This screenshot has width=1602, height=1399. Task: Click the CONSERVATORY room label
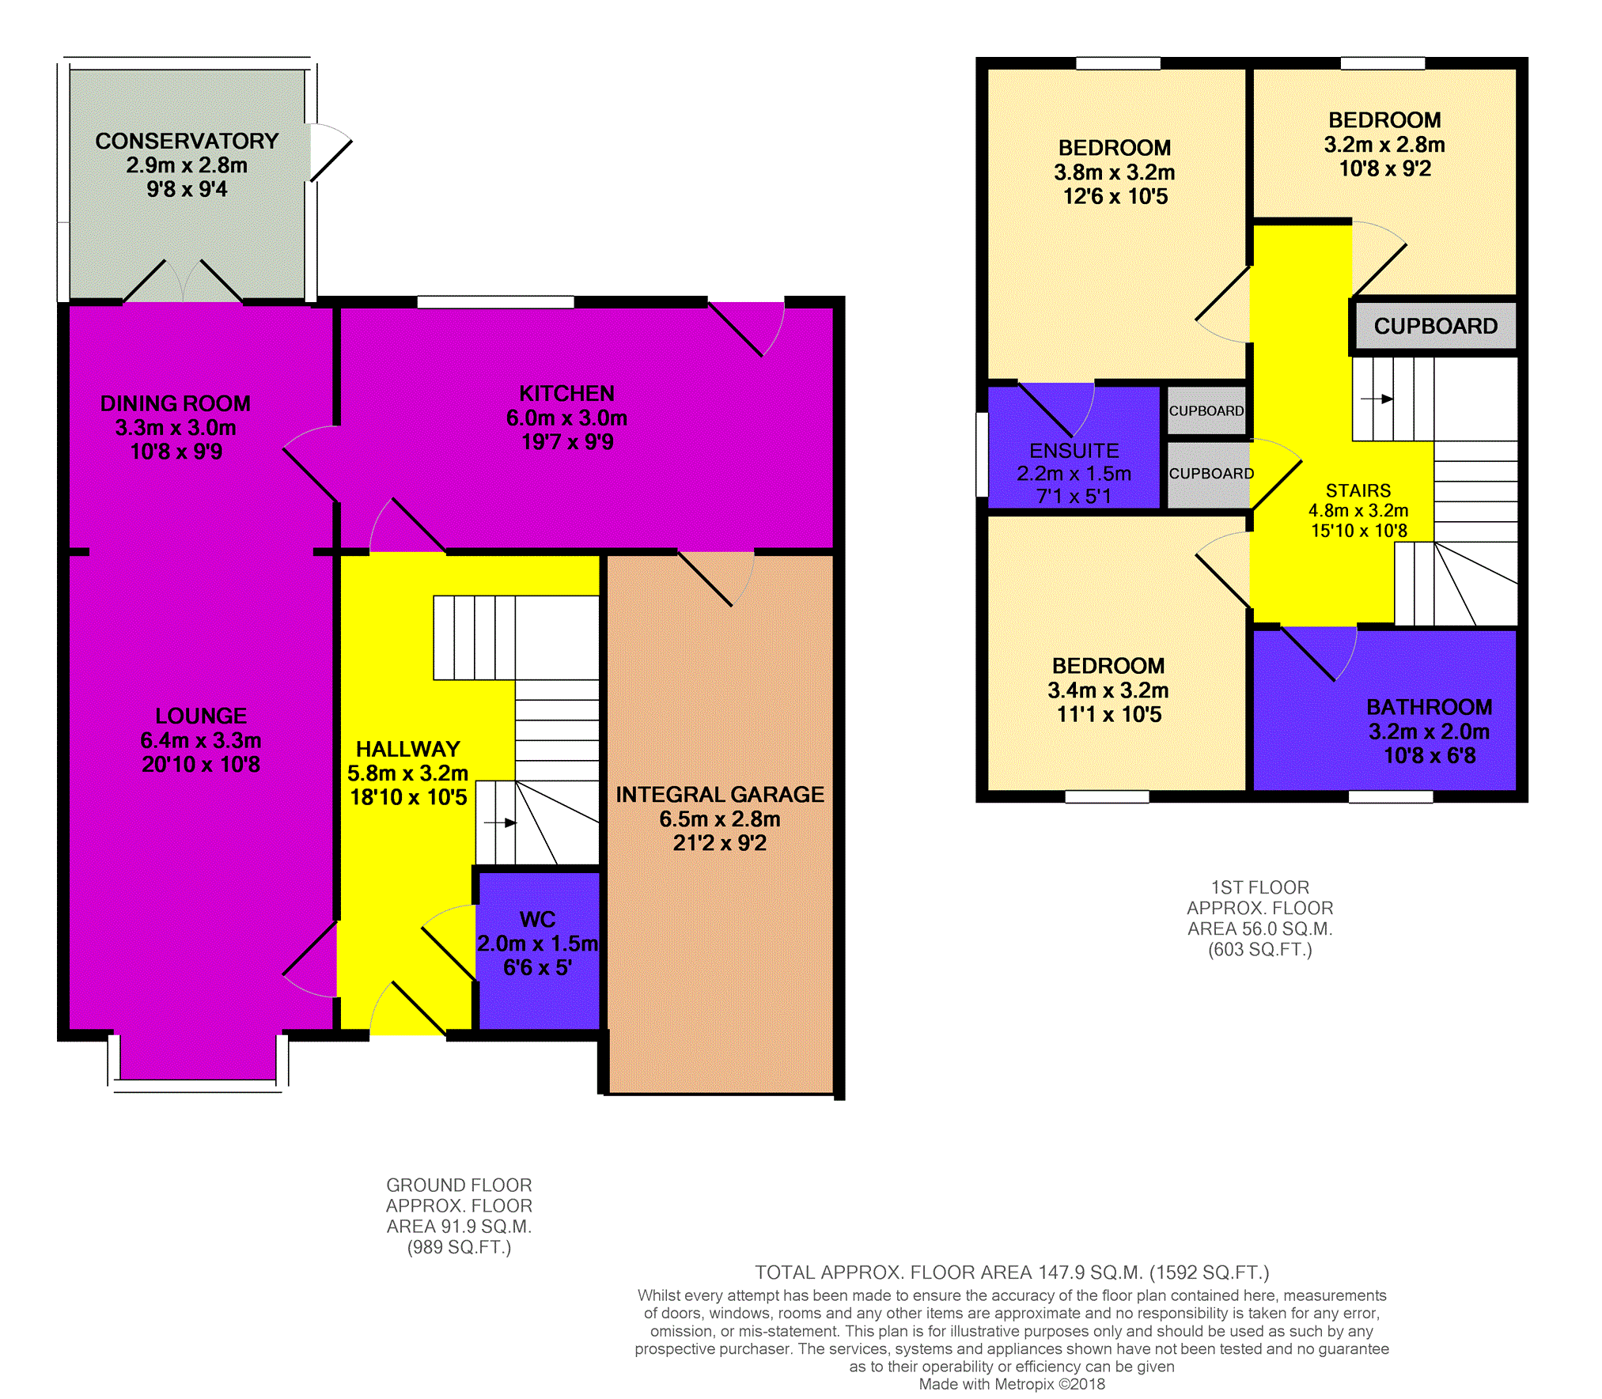tap(187, 141)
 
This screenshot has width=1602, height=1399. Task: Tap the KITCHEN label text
tap(566, 394)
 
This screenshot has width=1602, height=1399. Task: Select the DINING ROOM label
tap(176, 403)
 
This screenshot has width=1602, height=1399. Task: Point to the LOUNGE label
tap(201, 716)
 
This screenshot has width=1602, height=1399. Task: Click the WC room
tap(538, 949)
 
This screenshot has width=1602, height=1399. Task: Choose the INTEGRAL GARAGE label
tap(720, 794)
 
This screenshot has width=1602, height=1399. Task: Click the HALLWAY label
tap(408, 749)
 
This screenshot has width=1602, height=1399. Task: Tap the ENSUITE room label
tap(1074, 451)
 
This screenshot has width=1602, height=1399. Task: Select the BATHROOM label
tap(1430, 707)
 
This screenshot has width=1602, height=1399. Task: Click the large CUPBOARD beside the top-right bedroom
tap(1436, 326)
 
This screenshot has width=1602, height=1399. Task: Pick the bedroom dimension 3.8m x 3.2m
tap(1115, 172)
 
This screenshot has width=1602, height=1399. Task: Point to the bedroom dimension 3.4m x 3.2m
tap(1108, 690)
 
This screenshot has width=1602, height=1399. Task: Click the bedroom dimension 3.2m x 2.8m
tap(1384, 145)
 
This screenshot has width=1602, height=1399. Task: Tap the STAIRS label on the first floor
tap(1358, 491)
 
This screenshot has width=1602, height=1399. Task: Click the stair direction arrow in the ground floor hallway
tap(501, 822)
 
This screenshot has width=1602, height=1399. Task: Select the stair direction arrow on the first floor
tap(1377, 399)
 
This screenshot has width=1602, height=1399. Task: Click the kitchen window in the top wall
tap(495, 301)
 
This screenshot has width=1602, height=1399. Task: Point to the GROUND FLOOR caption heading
tap(459, 1185)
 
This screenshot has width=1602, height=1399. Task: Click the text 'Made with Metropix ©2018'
tap(1012, 1384)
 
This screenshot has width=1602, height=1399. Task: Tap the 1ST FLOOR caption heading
tap(1260, 887)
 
